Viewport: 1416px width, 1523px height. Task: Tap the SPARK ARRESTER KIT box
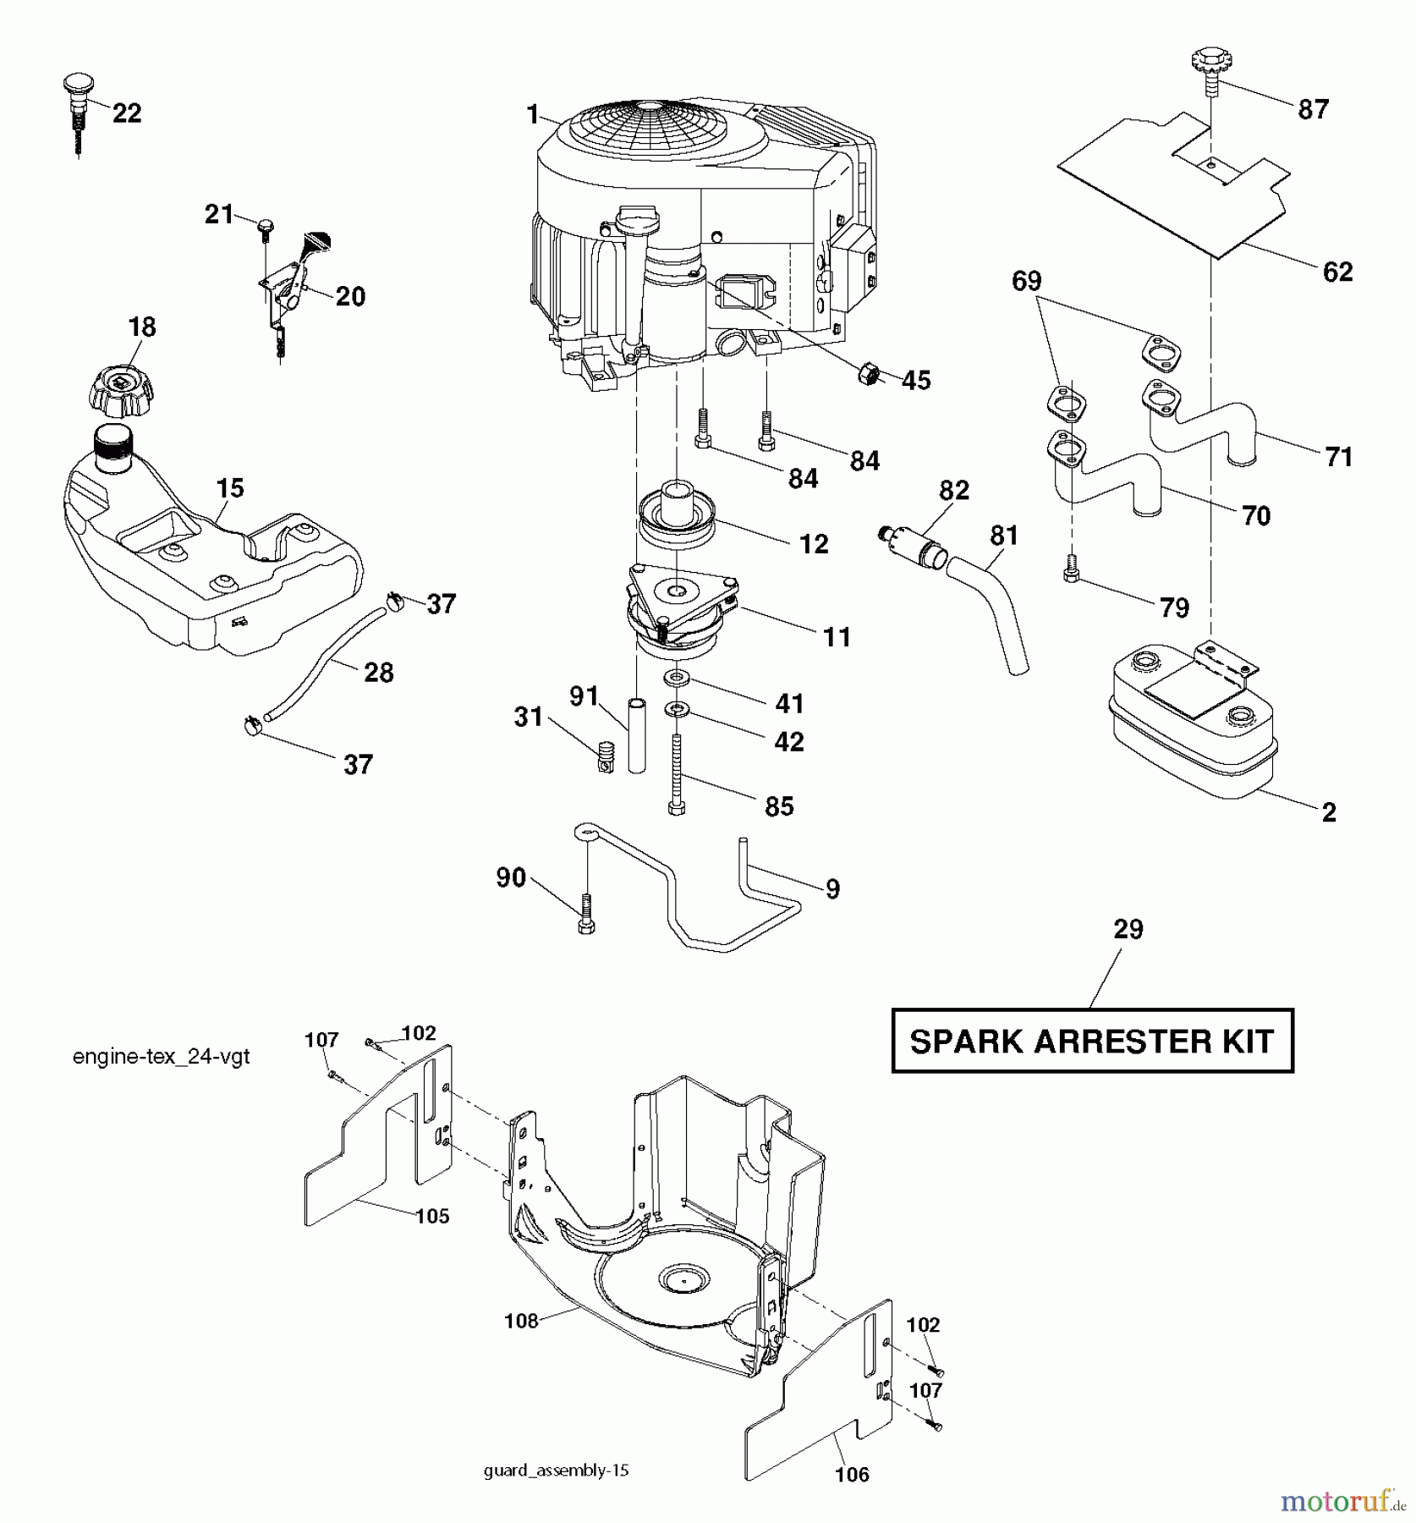pyautogui.click(x=1091, y=1041)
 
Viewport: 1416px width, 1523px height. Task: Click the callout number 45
pyautogui.click(x=916, y=381)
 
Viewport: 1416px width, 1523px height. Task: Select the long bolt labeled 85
pyautogui.click(x=676, y=773)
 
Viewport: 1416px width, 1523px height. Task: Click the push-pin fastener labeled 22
pyautogui.click(x=77, y=106)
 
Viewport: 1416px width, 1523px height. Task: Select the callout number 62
pyautogui.click(x=1337, y=272)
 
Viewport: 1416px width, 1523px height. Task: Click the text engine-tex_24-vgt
pyautogui.click(x=161, y=1057)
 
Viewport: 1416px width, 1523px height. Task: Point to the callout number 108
pyautogui.click(x=521, y=1320)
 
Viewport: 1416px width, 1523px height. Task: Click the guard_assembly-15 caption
pyautogui.click(x=556, y=1471)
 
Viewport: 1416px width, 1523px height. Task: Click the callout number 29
pyautogui.click(x=1128, y=929)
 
